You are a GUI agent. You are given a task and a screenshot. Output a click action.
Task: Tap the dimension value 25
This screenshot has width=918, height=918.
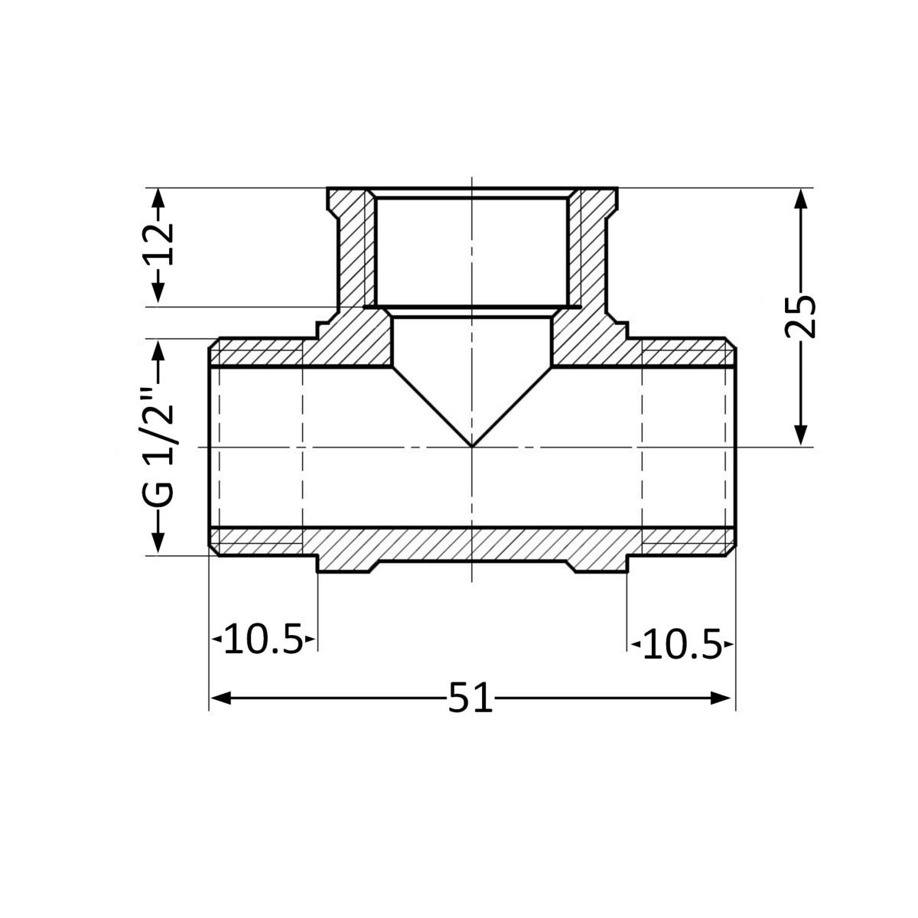[800, 316]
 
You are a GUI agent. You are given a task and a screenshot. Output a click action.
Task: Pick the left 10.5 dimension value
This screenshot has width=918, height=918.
[263, 639]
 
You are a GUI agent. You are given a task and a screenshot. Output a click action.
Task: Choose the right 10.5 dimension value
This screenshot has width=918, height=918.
[682, 644]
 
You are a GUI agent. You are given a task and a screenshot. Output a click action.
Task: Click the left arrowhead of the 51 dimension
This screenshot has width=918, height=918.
[221, 698]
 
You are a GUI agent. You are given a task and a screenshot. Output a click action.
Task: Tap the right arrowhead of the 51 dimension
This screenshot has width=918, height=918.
[721, 698]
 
